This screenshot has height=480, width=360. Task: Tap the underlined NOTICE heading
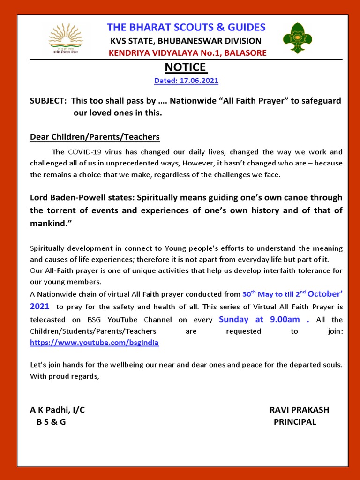coord(187,67)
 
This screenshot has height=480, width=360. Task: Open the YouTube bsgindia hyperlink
coord(94,343)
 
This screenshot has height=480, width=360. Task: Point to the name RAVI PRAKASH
coord(299,410)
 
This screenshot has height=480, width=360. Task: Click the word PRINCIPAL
coord(295,422)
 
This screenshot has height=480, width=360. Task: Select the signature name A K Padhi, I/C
coord(58,410)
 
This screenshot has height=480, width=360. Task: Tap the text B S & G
coord(51,422)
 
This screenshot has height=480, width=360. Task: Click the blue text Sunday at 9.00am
coord(259,319)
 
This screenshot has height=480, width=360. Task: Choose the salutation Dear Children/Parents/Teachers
coord(95,137)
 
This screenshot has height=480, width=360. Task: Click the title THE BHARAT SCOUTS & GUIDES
coord(186,27)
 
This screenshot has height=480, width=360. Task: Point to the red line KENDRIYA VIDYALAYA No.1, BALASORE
coord(187,53)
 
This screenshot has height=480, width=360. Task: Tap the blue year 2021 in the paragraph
coord(39,307)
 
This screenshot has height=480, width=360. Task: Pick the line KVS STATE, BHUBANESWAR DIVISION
coord(186,41)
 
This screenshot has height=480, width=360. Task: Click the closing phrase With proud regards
coord(65,376)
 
